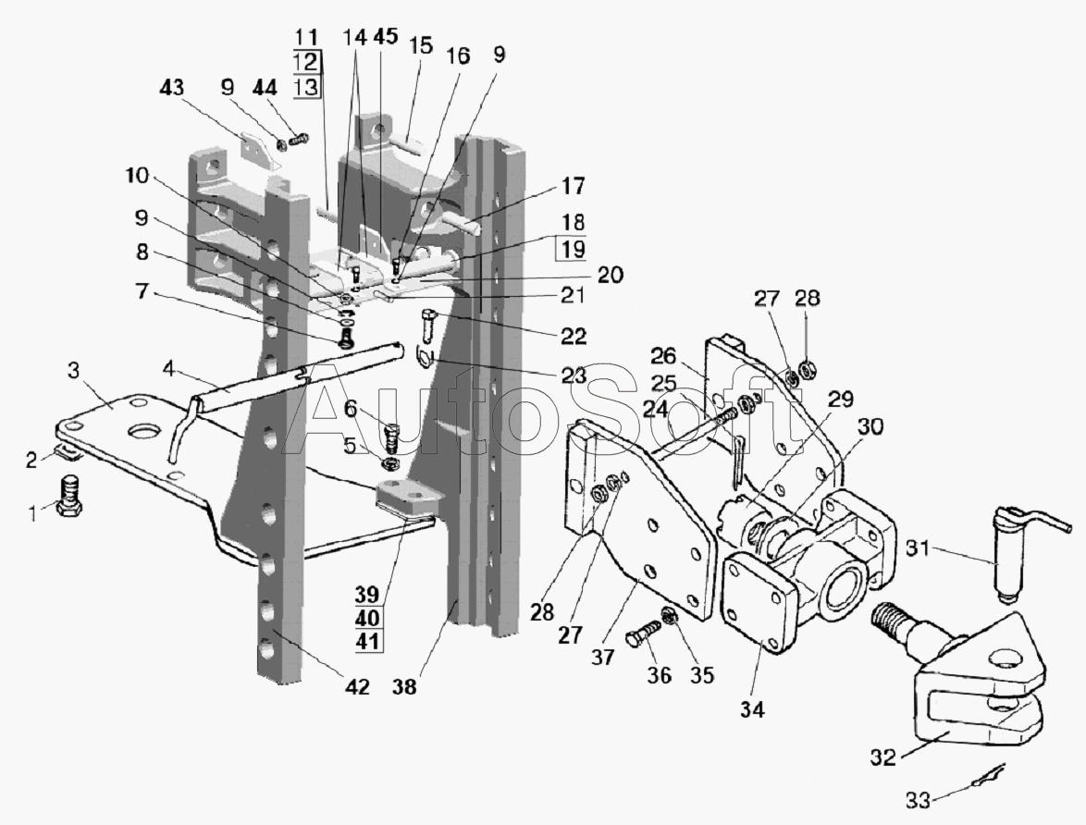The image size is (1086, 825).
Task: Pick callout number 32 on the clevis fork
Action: point(883,757)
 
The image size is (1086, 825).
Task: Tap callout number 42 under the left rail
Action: point(356,686)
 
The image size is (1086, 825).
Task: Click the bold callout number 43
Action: point(172,88)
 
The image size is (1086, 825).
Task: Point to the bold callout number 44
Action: point(265,88)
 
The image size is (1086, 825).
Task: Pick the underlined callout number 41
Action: point(366,640)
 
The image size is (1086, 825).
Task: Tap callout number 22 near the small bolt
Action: point(576,333)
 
